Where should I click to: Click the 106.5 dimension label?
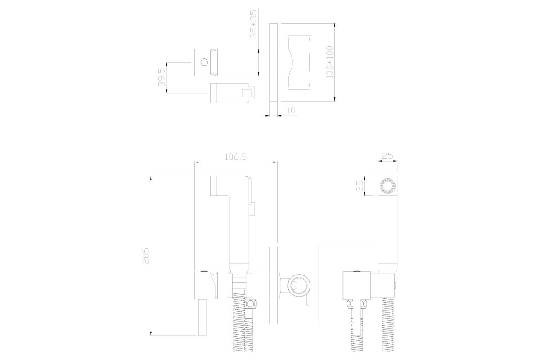coord(236,157)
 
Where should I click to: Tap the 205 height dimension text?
coord(146,256)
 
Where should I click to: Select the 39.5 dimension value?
coord(162,77)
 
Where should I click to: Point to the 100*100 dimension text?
coord(329,62)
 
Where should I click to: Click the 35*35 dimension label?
coord(254,24)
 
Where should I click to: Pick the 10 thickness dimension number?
coord(291,110)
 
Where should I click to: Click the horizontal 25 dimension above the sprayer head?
coord(387,156)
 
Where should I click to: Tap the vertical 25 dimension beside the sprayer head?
coord(360,186)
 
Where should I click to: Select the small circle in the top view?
coord(204,63)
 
